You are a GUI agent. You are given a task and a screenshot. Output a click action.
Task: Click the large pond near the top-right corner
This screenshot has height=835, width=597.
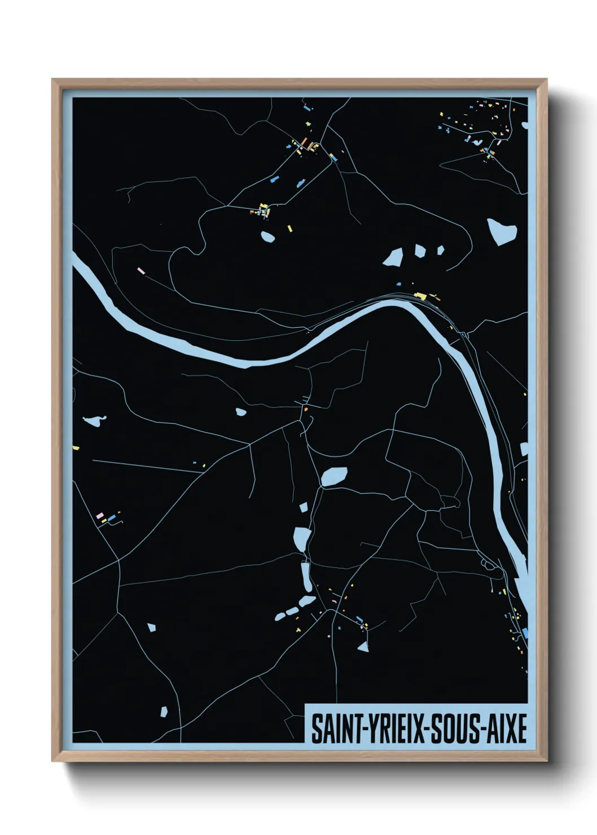pos(501,231)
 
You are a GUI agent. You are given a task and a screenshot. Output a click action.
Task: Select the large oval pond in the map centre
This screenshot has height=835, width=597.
pos(334,477)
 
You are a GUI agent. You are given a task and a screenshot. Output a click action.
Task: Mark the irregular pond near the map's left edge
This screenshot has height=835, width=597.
pos(94,420)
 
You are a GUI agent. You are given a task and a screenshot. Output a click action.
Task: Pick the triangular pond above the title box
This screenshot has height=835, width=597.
pos(363,647)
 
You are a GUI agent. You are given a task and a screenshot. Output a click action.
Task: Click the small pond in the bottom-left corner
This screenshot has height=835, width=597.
pos(164,711)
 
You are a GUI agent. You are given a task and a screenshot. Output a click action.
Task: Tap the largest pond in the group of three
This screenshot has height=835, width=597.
pos(393,257)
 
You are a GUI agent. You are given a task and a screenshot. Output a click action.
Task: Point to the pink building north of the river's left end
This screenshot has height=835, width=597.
pos(142,271)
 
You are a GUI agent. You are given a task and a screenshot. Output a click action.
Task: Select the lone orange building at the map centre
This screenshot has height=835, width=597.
pos(305,409)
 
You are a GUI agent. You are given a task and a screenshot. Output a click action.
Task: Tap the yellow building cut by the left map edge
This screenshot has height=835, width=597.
pos(76,448)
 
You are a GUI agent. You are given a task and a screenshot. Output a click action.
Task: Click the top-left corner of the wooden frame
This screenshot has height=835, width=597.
pos(52,80)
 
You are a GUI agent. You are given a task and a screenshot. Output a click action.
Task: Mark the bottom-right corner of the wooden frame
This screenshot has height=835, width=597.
pos(546,761)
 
